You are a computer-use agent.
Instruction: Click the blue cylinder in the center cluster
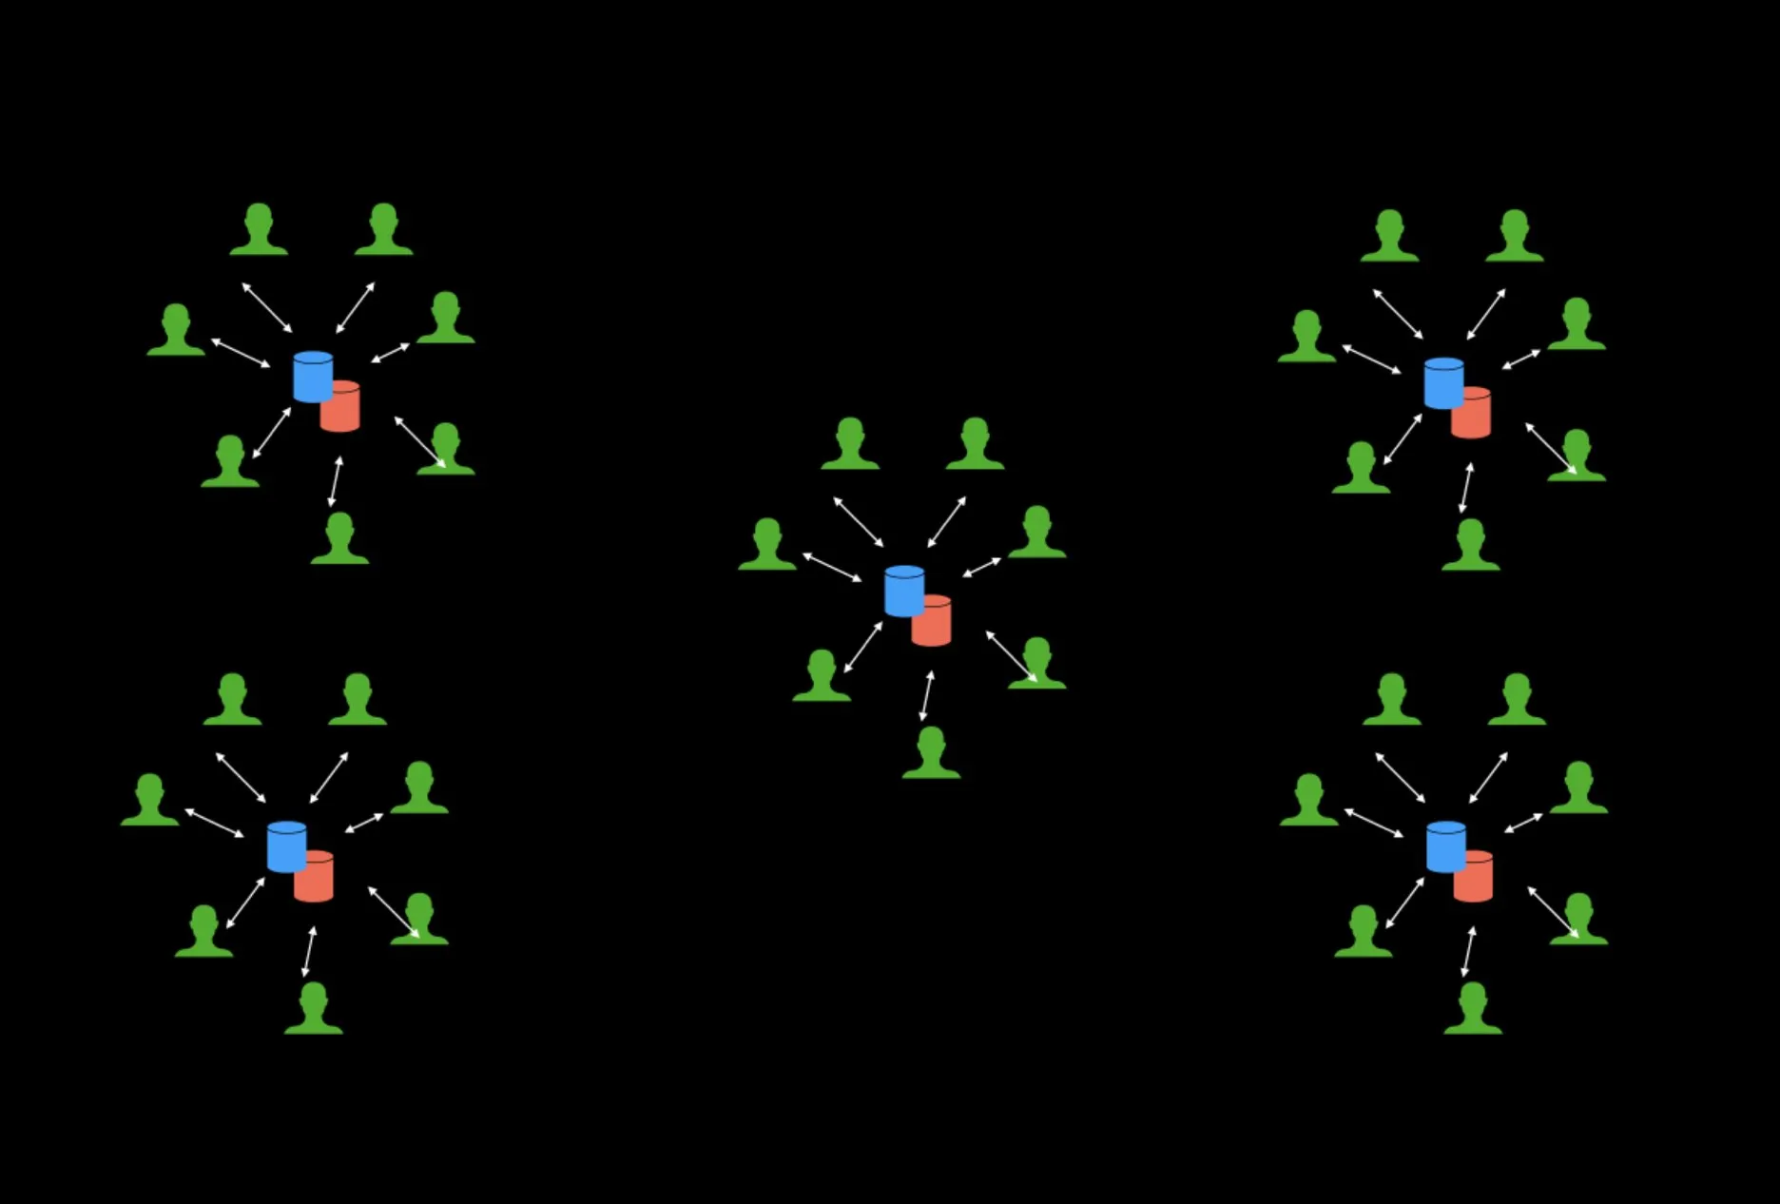point(903,591)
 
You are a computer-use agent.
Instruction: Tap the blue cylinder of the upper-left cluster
point(312,377)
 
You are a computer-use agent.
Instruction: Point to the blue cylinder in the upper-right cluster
point(1443,383)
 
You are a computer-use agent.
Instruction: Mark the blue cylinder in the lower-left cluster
point(286,846)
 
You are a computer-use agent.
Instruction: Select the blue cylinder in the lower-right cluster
point(1445,846)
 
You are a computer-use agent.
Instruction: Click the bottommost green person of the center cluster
point(931,754)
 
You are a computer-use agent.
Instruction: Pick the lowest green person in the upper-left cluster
point(339,540)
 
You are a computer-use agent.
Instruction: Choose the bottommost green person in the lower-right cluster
point(1473,1010)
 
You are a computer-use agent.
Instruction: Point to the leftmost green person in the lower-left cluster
point(149,801)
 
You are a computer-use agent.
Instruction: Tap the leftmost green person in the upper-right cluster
point(1306,338)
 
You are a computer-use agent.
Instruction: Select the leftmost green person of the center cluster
point(767,546)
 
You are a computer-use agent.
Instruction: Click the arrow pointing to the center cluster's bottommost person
point(926,695)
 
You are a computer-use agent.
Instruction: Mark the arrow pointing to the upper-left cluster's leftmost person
point(241,353)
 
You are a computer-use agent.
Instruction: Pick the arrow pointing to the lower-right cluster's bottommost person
point(1468,951)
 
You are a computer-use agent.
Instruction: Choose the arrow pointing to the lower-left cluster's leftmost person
point(214,823)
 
